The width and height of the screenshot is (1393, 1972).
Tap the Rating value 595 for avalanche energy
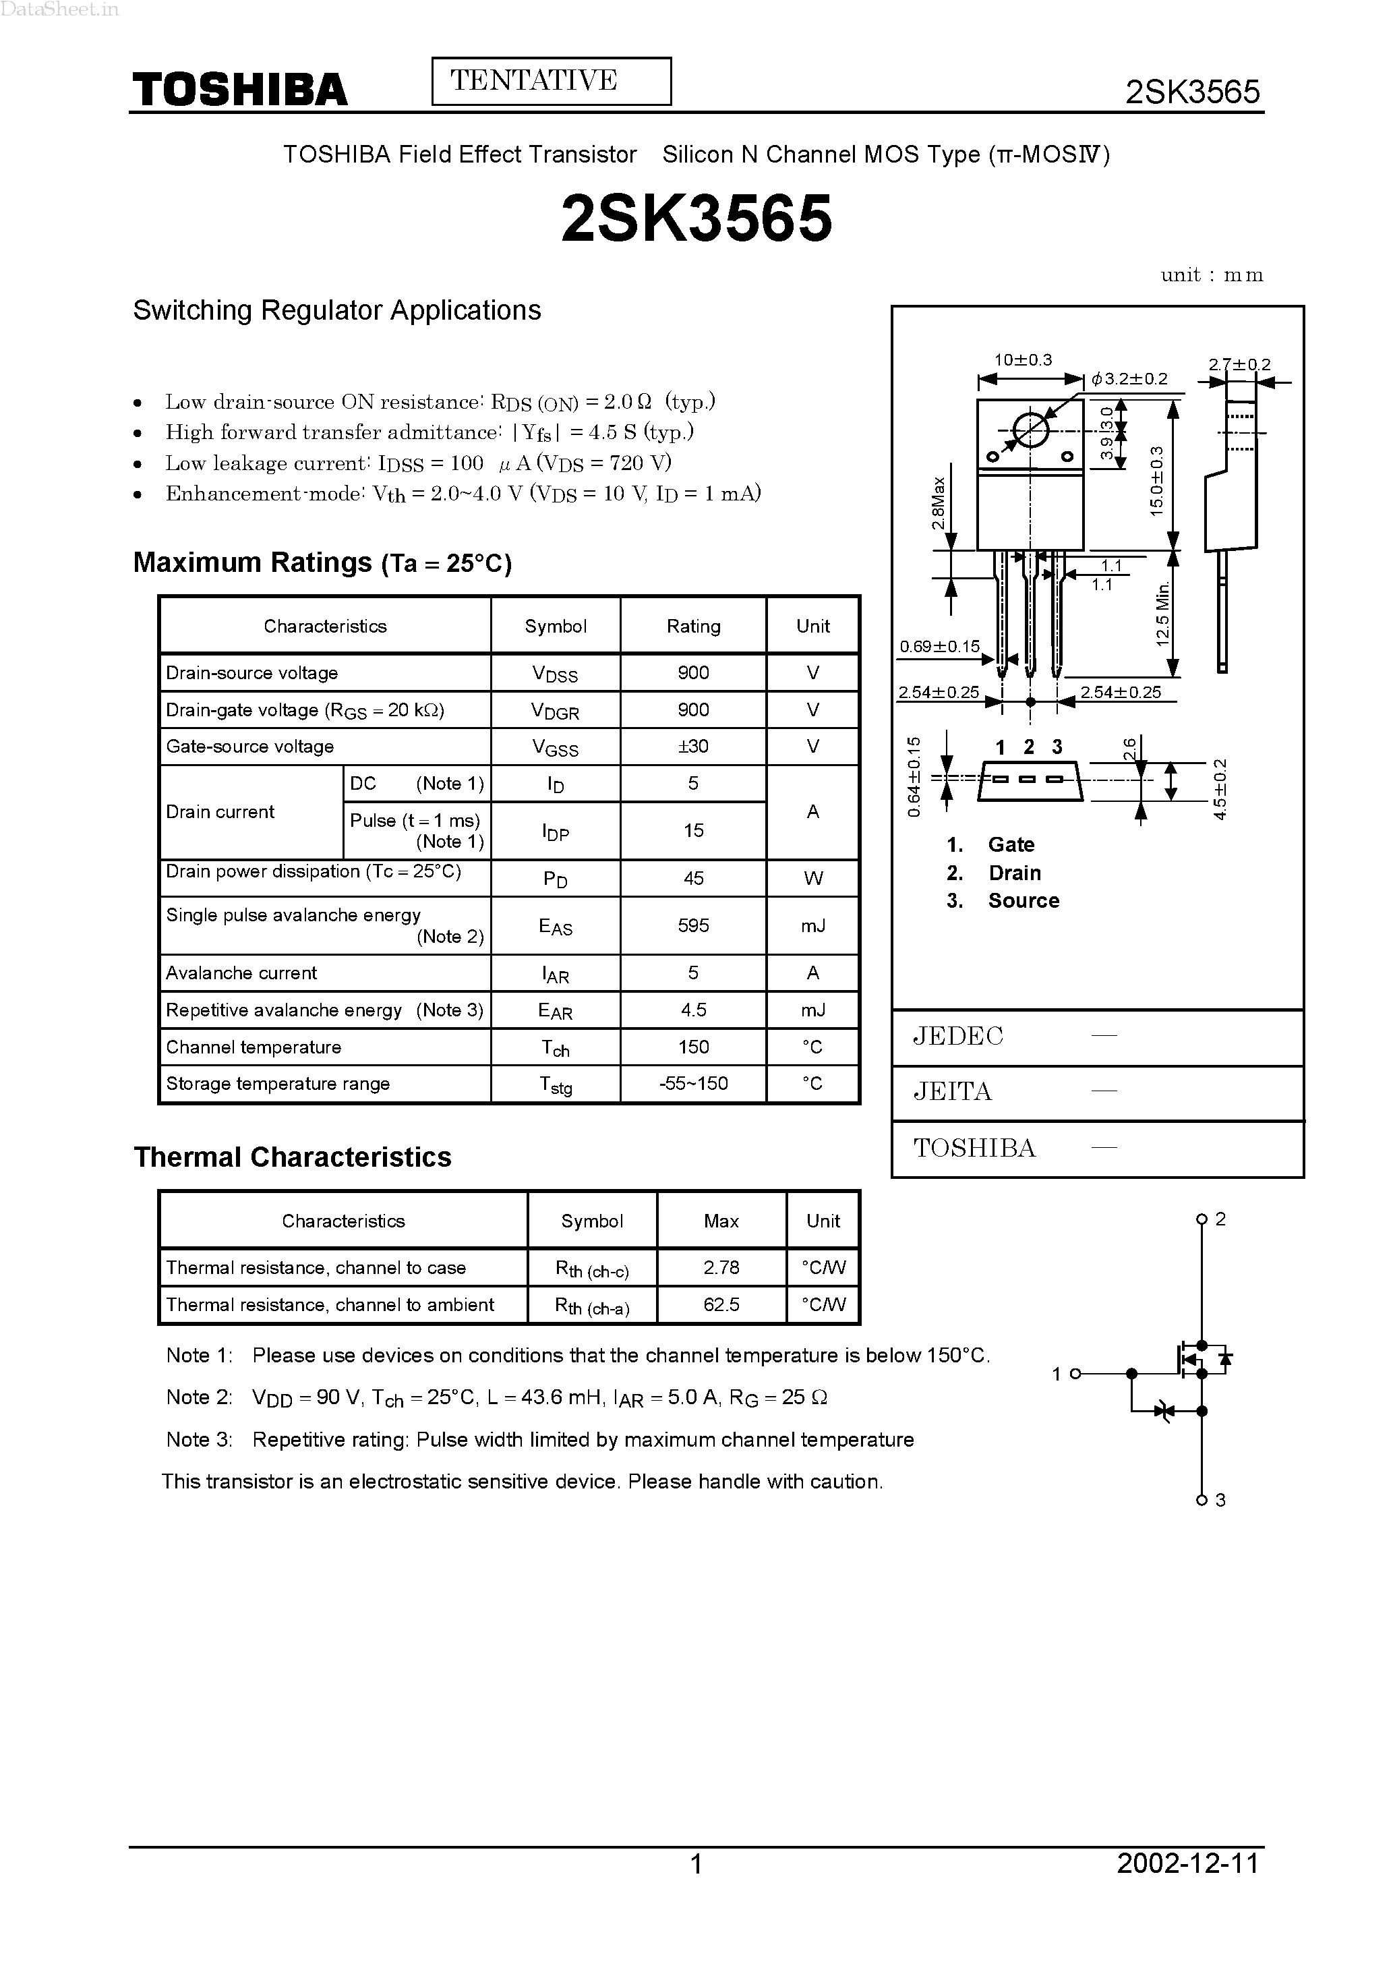(x=693, y=925)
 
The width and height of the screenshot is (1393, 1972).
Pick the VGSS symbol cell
(x=555, y=747)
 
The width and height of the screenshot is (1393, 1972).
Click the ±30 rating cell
(x=693, y=747)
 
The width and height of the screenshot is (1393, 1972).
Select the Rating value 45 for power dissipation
(x=693, y=878)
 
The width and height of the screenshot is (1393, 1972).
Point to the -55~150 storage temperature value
(x=693, y=1084)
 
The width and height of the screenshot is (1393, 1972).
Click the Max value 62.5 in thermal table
(x=721, y=1304)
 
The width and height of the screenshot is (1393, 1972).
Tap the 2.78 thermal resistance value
(x=721, y=1268)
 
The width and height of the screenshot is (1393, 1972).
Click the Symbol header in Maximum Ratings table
(x=555, y=626)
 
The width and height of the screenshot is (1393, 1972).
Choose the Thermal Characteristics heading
(x=292, y=1157)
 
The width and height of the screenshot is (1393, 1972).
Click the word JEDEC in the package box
(x=957, y=1037)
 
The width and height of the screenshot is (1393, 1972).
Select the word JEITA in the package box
(x=953, y=1092)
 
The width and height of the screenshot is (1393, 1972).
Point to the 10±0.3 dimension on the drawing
(x=1023, y=360)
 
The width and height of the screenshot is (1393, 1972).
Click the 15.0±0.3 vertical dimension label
(x=1157, y=481)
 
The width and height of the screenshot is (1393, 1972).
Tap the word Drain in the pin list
(x=1014, y=873)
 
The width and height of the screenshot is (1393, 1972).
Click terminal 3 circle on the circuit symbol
(x=1202, y=1501)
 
